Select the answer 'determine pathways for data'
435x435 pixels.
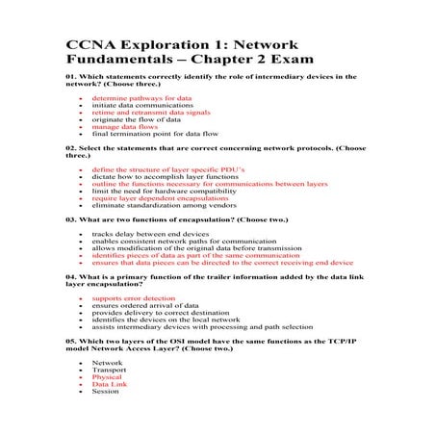pos(131,98)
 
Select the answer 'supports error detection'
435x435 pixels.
pos(134,299)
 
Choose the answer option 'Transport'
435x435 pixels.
pos(109,371)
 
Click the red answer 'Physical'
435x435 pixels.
pos(107,378)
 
